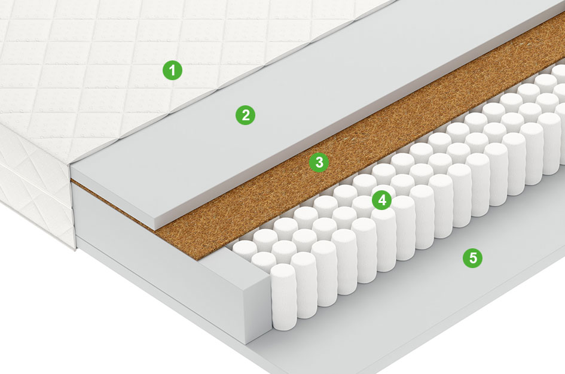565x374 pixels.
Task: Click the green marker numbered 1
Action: click(172, 70)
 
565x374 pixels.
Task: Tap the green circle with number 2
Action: click(245, 115)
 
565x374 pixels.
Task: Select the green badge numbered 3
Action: click(319, 162)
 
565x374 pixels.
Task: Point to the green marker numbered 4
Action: click(382, 200)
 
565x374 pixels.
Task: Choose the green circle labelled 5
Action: click(473, 258)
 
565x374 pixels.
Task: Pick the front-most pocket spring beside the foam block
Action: click(285, 297)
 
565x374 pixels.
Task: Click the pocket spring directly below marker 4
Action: click(384, 239)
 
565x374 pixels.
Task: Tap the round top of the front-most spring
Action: click(284, 270)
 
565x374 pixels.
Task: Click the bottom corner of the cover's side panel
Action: click(76, 250)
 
